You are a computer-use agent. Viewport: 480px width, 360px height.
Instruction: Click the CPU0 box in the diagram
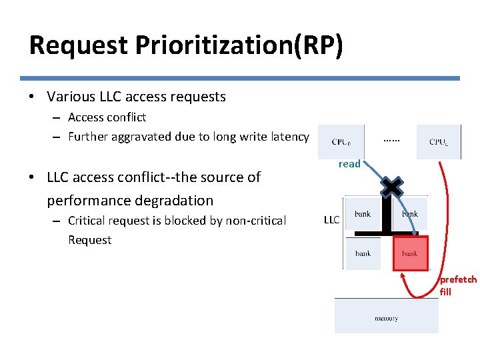[341, 141]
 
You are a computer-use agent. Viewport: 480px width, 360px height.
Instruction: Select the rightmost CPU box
[438, 141]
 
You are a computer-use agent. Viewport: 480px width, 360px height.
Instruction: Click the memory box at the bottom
[386, 316]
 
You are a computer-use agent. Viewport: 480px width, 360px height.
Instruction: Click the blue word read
[349, 164]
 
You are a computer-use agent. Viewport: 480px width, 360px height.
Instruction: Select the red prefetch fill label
[458, 285]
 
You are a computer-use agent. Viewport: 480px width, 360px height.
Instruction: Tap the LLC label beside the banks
[331, 219]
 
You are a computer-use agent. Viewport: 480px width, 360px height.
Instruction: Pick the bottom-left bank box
[363, 253]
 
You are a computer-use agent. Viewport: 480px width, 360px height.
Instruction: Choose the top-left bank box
[363, 214]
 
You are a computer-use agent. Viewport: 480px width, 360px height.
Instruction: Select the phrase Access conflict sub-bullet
[107, 117]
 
